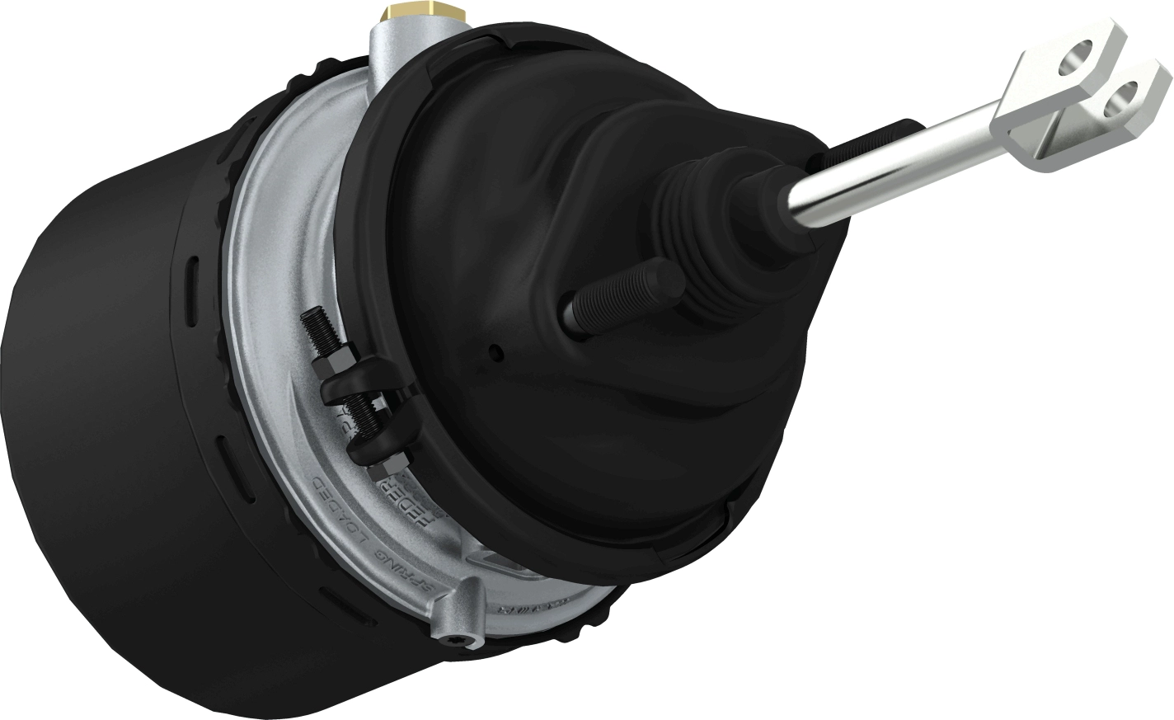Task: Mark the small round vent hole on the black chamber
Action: coord(495,353)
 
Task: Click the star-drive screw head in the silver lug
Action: coord(467,639)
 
